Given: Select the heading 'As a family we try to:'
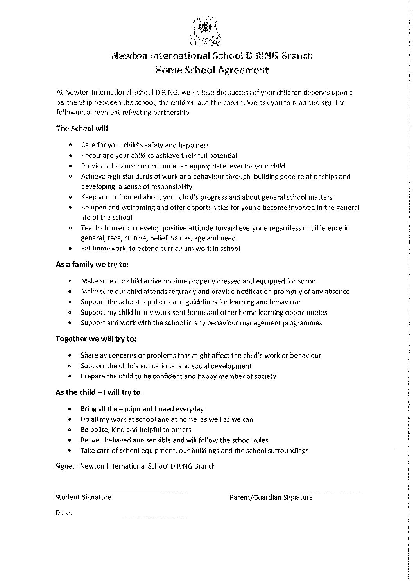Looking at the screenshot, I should point(92,264).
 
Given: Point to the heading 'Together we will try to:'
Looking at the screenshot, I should point(96,339).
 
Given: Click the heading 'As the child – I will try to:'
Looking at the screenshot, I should point(99,392).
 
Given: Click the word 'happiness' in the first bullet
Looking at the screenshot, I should point(194,145).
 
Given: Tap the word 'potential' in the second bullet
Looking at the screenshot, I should point(223,156).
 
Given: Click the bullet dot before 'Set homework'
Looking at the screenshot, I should point(70,248).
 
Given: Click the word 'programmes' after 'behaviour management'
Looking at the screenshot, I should point(302,323).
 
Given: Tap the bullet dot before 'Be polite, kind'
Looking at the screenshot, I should point(70,430).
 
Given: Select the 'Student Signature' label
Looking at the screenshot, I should point(83,497).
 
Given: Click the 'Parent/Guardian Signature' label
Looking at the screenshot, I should point(271,497).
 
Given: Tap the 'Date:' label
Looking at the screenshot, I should point(64,513).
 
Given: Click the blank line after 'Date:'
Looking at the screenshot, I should point(154,517).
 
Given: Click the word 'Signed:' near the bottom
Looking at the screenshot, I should point(66,466).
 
